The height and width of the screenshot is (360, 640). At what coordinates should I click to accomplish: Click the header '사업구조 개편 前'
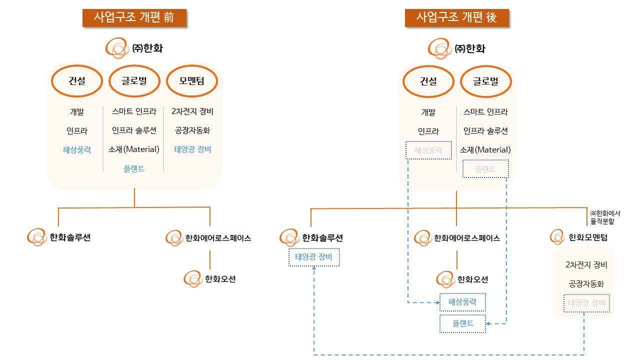[134, 17]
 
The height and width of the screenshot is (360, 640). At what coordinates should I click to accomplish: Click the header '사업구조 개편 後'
[457, 17]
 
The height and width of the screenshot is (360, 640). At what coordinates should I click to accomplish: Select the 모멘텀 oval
[192, 80]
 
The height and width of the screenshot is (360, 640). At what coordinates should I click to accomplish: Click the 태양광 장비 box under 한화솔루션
[314, 257]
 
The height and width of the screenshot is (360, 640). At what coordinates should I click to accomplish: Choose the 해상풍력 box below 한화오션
[462, 302]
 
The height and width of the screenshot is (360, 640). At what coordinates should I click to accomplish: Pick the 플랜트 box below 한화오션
[462, 323]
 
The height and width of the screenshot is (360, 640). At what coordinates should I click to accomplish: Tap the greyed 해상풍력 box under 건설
[428, 150]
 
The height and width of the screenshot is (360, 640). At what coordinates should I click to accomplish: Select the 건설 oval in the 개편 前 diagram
[77, 80]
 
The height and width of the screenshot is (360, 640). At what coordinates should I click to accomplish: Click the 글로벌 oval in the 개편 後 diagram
[485, 81]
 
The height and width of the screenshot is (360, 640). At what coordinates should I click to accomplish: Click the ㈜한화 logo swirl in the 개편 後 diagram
[440, 49]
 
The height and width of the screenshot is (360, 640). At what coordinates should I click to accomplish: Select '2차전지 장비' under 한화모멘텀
[586, 264]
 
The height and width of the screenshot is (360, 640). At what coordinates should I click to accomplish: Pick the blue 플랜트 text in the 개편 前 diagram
[134, 168]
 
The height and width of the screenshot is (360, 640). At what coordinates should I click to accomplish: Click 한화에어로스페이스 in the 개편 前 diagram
[218, 238]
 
